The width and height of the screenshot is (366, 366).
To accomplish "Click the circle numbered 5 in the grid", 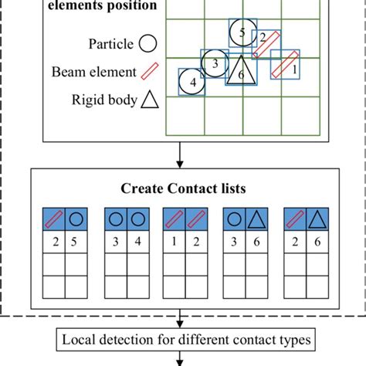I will [x=242, y=32].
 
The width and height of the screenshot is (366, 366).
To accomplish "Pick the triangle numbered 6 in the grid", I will [x=240, y=71].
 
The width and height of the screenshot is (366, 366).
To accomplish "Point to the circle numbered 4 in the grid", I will [x=191, y=81].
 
